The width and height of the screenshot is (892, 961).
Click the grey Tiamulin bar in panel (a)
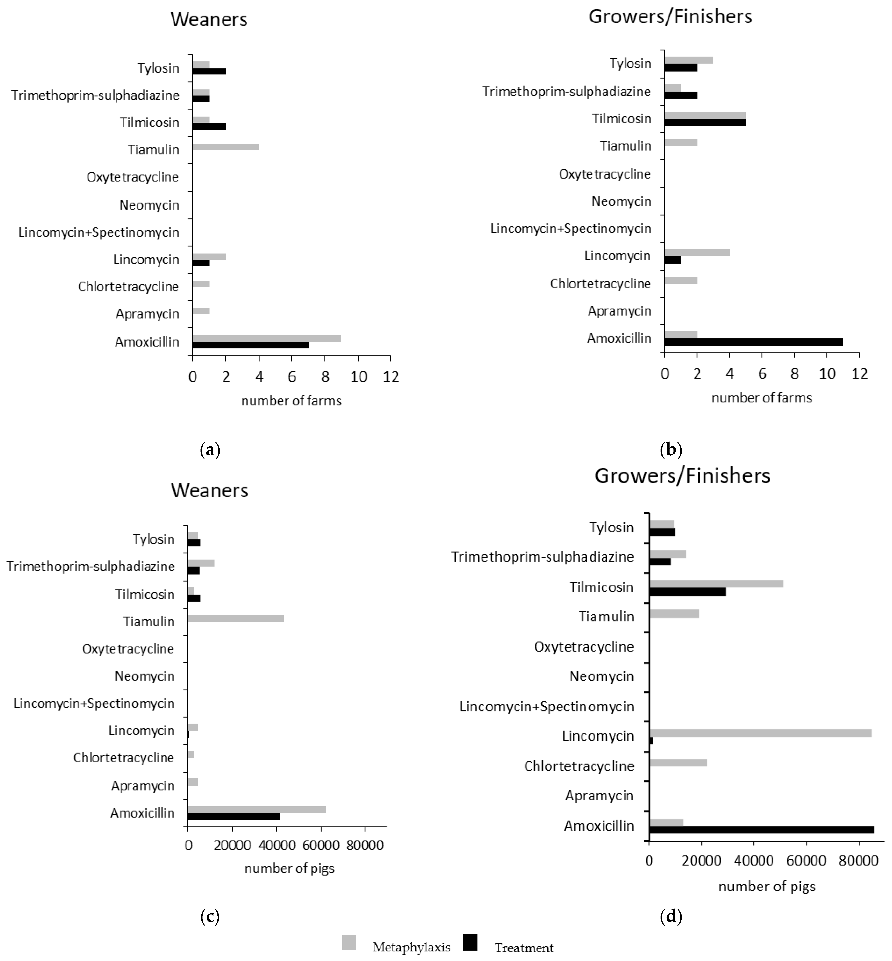point(226,147)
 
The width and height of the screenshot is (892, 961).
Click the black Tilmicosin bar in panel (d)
point(687,592)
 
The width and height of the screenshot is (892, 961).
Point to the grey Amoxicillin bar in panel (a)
point(267,339)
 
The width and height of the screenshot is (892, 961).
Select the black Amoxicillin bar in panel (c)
point(234,817)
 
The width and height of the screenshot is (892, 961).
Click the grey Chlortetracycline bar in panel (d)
point(678,763)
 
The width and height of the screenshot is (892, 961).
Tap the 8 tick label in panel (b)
point(795,374)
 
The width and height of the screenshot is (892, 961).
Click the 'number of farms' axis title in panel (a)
point(291,401)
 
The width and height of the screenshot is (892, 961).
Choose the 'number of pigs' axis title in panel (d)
point(767,887)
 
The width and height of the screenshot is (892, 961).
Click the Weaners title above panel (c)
point(210,490)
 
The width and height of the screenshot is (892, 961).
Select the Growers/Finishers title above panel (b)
point(670,16)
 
